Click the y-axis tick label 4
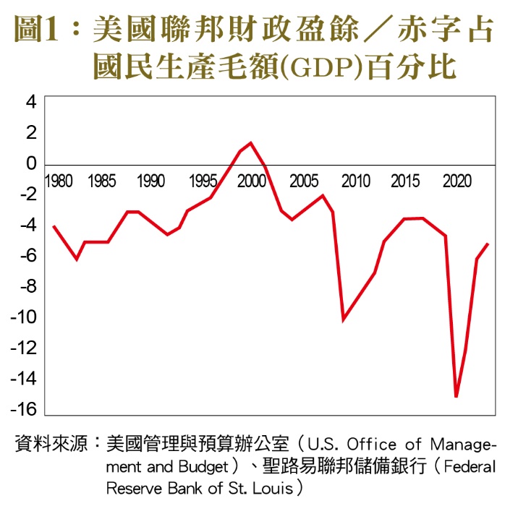point(31,102)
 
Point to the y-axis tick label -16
point(25,410)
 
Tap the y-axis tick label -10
point(25,317)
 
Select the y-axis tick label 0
point(31,163)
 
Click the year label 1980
point(58,181)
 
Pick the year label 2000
point(252,181)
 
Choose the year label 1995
point(203,181)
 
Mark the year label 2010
point(356,181)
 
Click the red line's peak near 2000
point(251,142)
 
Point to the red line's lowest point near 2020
point(457,397)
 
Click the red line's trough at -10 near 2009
point(344,319)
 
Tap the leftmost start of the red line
point(54,226)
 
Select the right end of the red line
point(488,244)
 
